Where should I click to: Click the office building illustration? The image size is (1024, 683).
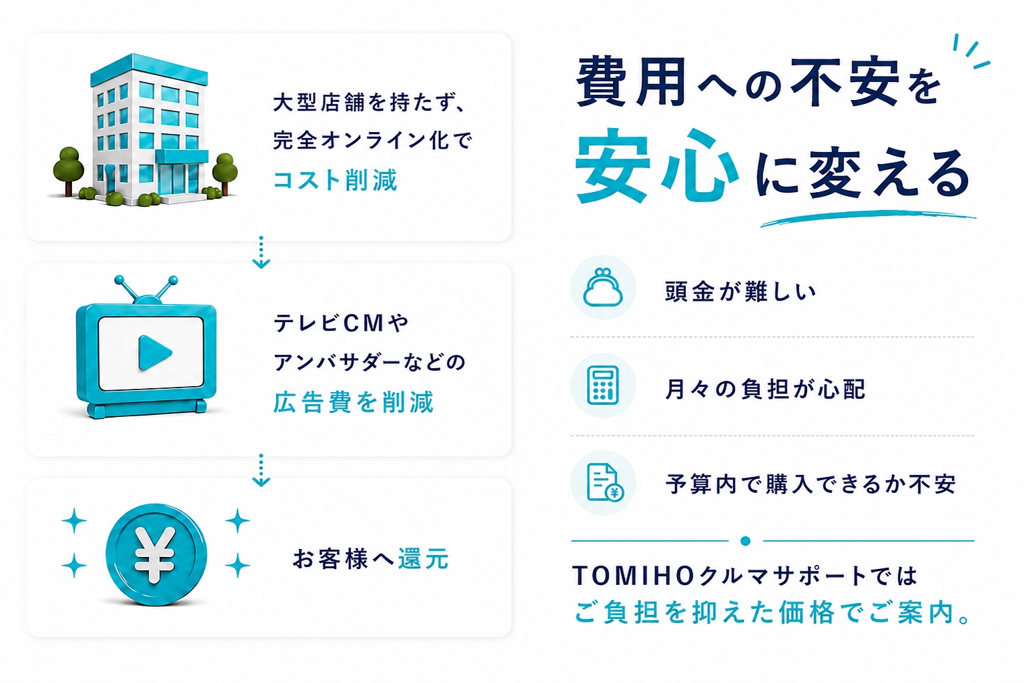coord(146,130)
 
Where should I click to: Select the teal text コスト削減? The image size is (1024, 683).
coord(335,179)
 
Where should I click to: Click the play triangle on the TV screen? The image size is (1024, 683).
coord(155,352)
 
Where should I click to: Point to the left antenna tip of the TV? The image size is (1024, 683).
coord(119,279)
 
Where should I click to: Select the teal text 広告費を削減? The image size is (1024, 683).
coord(353,402)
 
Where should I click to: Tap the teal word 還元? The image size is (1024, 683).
coord(424,559)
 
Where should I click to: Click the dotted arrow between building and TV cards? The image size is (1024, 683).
coord(261,252)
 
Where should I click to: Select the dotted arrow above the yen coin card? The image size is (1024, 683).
coord(261,470)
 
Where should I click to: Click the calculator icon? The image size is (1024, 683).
coord(603,386)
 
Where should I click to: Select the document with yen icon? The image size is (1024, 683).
coord(604,483)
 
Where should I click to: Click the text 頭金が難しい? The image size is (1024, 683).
coord(740,291)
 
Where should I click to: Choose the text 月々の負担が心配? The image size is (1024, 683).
coord(765,390)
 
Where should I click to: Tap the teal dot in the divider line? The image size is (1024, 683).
coord(746,542)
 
